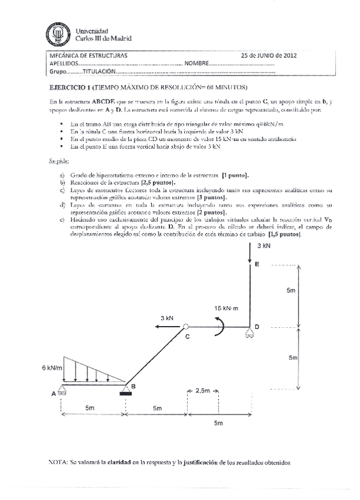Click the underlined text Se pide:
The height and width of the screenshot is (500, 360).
tap(59, 160)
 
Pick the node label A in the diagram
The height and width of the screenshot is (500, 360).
tap(54, 393)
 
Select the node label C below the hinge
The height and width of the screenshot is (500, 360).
tap(187, 337)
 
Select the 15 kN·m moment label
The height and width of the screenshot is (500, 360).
tap(227, 308)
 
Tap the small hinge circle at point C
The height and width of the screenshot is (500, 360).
tap(185, 327)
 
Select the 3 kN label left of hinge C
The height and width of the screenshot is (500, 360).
tap(168, 318)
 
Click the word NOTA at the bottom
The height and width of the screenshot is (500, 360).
tap(57, 463)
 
